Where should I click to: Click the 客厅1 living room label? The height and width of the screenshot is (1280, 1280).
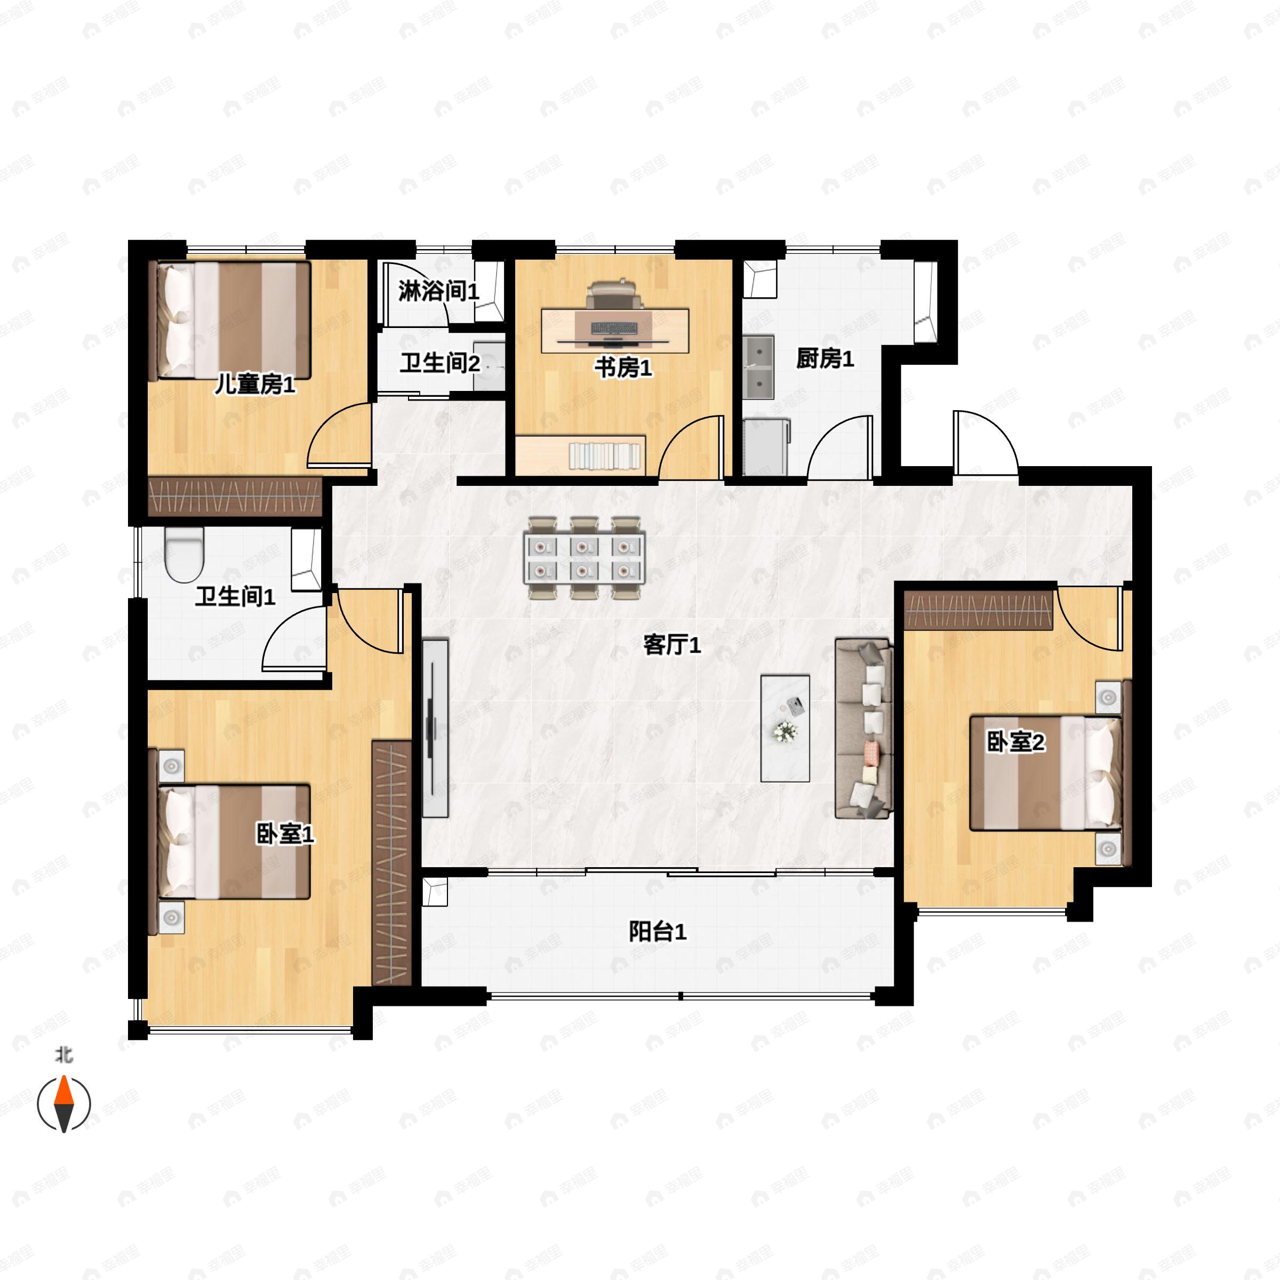coord(672,645)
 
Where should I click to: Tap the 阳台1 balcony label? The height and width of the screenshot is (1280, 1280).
coord(657,932)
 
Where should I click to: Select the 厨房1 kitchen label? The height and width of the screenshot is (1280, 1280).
coord(825,358)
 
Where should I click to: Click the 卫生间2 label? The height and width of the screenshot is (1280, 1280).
coord(440,363)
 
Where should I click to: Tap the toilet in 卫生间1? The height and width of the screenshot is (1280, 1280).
coord(184,555)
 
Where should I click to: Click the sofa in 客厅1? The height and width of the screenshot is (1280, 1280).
coord(864,728)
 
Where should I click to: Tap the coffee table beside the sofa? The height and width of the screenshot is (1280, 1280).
coord(785,728)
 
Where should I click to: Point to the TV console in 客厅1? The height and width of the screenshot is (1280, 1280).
coord(435,727)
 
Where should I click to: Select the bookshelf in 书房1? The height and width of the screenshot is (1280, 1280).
coord(580,454)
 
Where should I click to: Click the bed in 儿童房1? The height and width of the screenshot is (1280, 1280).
coord(233,321)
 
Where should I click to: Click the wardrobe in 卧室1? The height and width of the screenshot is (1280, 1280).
coord(391,862)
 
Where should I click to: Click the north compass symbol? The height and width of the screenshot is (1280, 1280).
coord(63,1104)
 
